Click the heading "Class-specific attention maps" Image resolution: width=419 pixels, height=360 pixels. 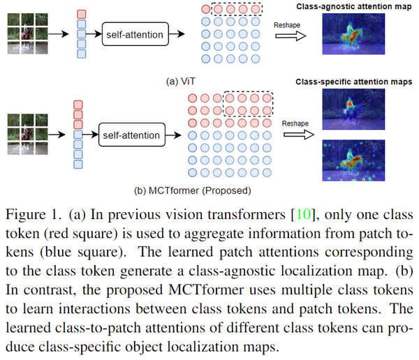point(352,82)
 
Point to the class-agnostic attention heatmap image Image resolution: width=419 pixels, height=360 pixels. point(352,35)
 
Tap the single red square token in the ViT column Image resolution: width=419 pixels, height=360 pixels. point(81,14)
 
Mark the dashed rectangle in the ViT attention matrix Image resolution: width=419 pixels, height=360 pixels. point(237,10)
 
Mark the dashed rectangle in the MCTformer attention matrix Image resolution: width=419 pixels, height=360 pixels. point(247,103)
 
